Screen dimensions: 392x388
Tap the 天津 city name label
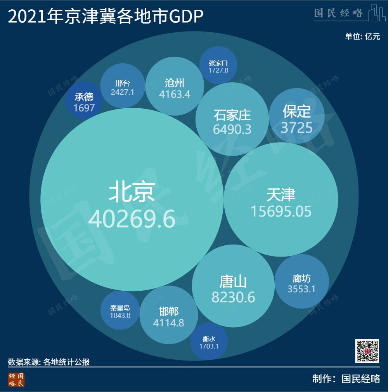pyautogui.click(x=281, y=194)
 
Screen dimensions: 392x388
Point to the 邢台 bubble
pyautogui.click(x=123, y=86)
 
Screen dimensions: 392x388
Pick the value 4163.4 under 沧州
pyautogui.click(x=175, y=94)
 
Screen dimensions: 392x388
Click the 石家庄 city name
pyautogui.click(x=232, y=115)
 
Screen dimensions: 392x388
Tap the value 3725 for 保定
pyautogui.click(x=297, y=128)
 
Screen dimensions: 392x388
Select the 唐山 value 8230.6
pyautogui.click(x=233, y=297)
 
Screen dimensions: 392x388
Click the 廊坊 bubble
pyautogui.click(x=301, y=282)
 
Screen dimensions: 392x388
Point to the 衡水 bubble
pyautogui.click(x=209, y=342)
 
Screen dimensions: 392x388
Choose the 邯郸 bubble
pyautogui.click(x=168, y=316)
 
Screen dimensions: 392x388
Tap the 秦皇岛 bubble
pyautogui.click(x=120, y=310)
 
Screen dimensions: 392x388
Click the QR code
pyautogui.click(x=367, y=351)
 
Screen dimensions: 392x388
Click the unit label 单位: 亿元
pyautogui.click(x=362, y=37)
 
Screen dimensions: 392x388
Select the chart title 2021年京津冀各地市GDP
pyautogui.click(x=106, y=17)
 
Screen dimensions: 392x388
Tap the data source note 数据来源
pyautogui.click(x=49, y=362)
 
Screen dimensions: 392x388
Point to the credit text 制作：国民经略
pyautogui.click(x=346, y=379)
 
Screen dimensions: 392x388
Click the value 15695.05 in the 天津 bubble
pyautogui.click(x=281, y=212)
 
